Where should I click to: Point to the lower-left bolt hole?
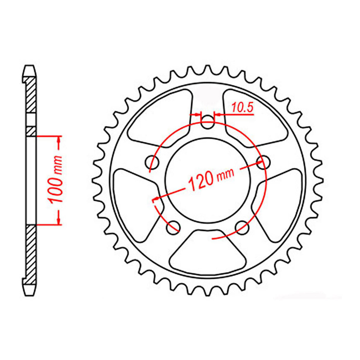pyautogui.click(x=173, y=227)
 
